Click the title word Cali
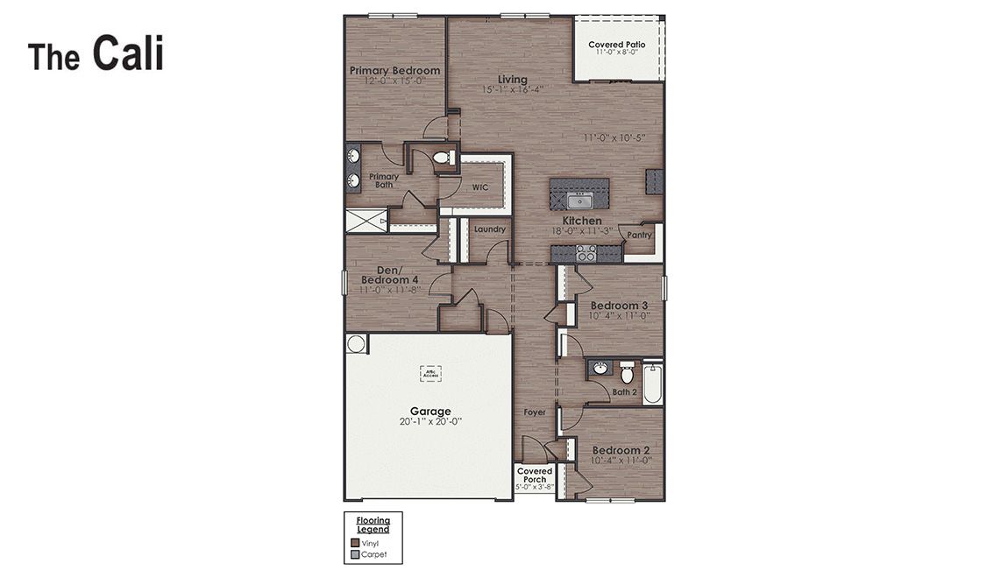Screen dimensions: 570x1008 tap(128, 53)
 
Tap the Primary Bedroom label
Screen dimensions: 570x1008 tap(394, 71)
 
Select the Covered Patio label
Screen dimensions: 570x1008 tap(617, 45)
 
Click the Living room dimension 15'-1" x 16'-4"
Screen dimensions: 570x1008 tap(513, 89)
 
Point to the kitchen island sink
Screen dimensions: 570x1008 tap(579, 201)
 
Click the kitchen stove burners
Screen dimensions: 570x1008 tap(586, 254)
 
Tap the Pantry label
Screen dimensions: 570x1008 tap(639, 235)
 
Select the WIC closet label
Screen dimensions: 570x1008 tap(480, 187)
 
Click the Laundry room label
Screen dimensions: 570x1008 tap(489, 229)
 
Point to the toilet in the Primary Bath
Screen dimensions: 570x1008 tap(443, 158)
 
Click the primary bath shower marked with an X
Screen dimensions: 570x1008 tap(366, 221)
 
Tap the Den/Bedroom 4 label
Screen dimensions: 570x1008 tap(389, 275)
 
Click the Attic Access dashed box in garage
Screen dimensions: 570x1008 tap(429, 373)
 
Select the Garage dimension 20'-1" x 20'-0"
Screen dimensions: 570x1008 tap(430, 421)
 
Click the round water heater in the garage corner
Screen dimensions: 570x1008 tap(356, 343)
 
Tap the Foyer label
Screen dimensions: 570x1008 tap(535, 412)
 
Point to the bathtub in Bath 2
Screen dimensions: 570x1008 tap(652, 384)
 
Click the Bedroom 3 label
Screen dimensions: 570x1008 tap(619, 306)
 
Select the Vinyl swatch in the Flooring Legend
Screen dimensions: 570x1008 tap(355, 543)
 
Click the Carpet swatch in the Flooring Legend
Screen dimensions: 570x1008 tap(355, 554)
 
